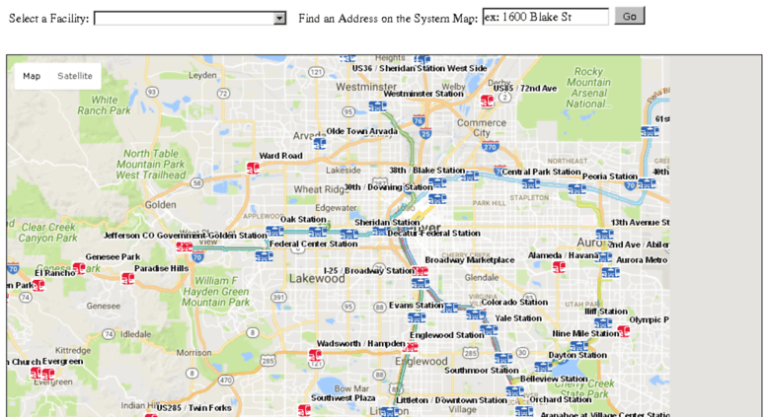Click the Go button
click(629, 16)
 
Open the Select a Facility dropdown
click(190, 18)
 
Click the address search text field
click(545, 17)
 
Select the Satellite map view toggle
click(75, 76)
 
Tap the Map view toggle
click(33, 76)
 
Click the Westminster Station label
click(422, 94)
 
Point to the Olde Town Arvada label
click(362, 131)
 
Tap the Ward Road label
click(280, 156)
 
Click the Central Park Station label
click(541, 172)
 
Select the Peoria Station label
click(609, 176)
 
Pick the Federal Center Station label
click(313, 243)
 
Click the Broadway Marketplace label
click(470, 260)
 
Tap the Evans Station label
click(416, 306)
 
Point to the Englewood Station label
click(446, 335)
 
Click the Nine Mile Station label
click(585, 333)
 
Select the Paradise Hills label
click(161, 268)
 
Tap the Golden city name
click(160, 205)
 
